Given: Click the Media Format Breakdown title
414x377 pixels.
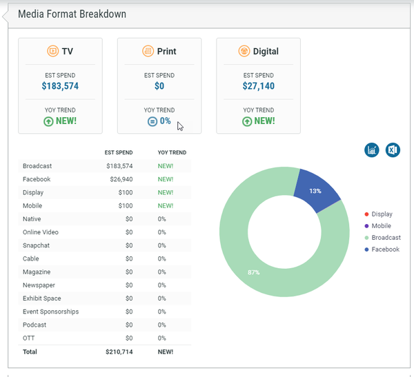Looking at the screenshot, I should coord(72,14).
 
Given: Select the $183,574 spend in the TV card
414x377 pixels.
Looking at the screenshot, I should coord(60,86).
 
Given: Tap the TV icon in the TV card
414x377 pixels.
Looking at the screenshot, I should coord(53,51).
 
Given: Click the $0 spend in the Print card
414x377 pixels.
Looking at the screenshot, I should coord(159,86).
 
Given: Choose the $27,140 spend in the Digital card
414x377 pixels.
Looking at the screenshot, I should coord(259,86).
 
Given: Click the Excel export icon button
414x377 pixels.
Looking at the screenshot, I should coord(393,150).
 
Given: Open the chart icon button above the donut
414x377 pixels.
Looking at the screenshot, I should coord(372,150).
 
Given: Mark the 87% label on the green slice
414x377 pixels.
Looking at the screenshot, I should coord(254,272).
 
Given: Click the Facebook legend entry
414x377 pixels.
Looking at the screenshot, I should coord(385,249).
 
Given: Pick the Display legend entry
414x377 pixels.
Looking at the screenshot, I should coord(382,214).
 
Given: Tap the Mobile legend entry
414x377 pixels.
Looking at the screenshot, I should coord(381,226).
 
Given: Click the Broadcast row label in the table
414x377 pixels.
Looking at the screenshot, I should coord(37,166).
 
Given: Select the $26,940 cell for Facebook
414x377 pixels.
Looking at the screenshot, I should coord(119,179).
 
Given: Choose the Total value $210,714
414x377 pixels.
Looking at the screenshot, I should coord(119,351).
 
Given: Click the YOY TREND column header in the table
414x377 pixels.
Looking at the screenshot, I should coord(172,152).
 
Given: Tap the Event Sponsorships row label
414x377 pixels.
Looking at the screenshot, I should coord(50,312).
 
